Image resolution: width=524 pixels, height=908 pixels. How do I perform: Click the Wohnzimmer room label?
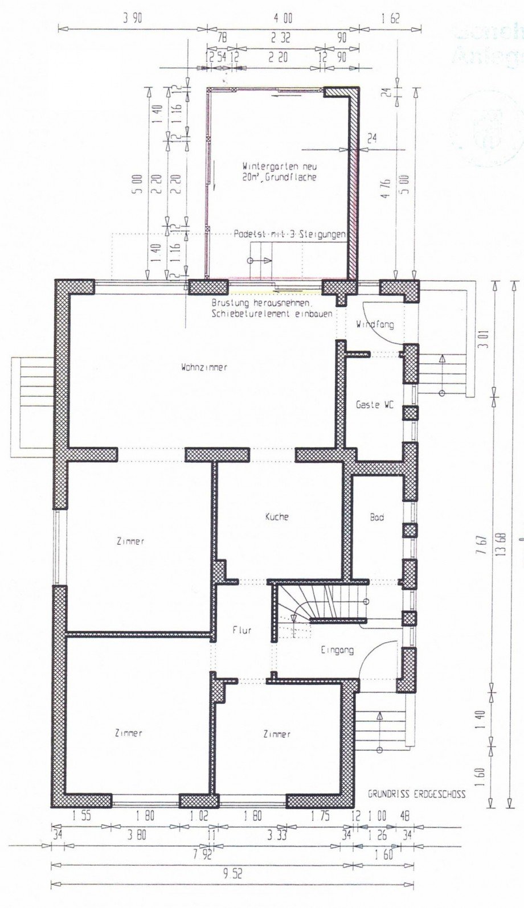(204, 367)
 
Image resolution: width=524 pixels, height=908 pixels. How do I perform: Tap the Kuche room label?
(277, 517)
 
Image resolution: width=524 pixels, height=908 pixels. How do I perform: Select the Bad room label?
(376, 517)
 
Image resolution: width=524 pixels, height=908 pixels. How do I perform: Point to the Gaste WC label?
(375, 405)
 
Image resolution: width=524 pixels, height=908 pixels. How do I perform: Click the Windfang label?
(375, 324)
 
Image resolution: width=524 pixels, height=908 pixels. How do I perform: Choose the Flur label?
(242, 630)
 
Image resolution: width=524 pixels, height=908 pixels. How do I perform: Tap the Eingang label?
(337, 650)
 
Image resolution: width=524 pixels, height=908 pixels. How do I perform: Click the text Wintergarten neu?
(279, 167)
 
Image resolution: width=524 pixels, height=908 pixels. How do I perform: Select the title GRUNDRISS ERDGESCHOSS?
(416, 794)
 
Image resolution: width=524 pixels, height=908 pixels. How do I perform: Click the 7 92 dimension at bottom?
(199, 854)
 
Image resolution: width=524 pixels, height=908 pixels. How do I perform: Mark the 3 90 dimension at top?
(132, 18)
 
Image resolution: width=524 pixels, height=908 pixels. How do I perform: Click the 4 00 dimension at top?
(283, 18)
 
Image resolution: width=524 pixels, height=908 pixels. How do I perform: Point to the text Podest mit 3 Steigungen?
(289, 234)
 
